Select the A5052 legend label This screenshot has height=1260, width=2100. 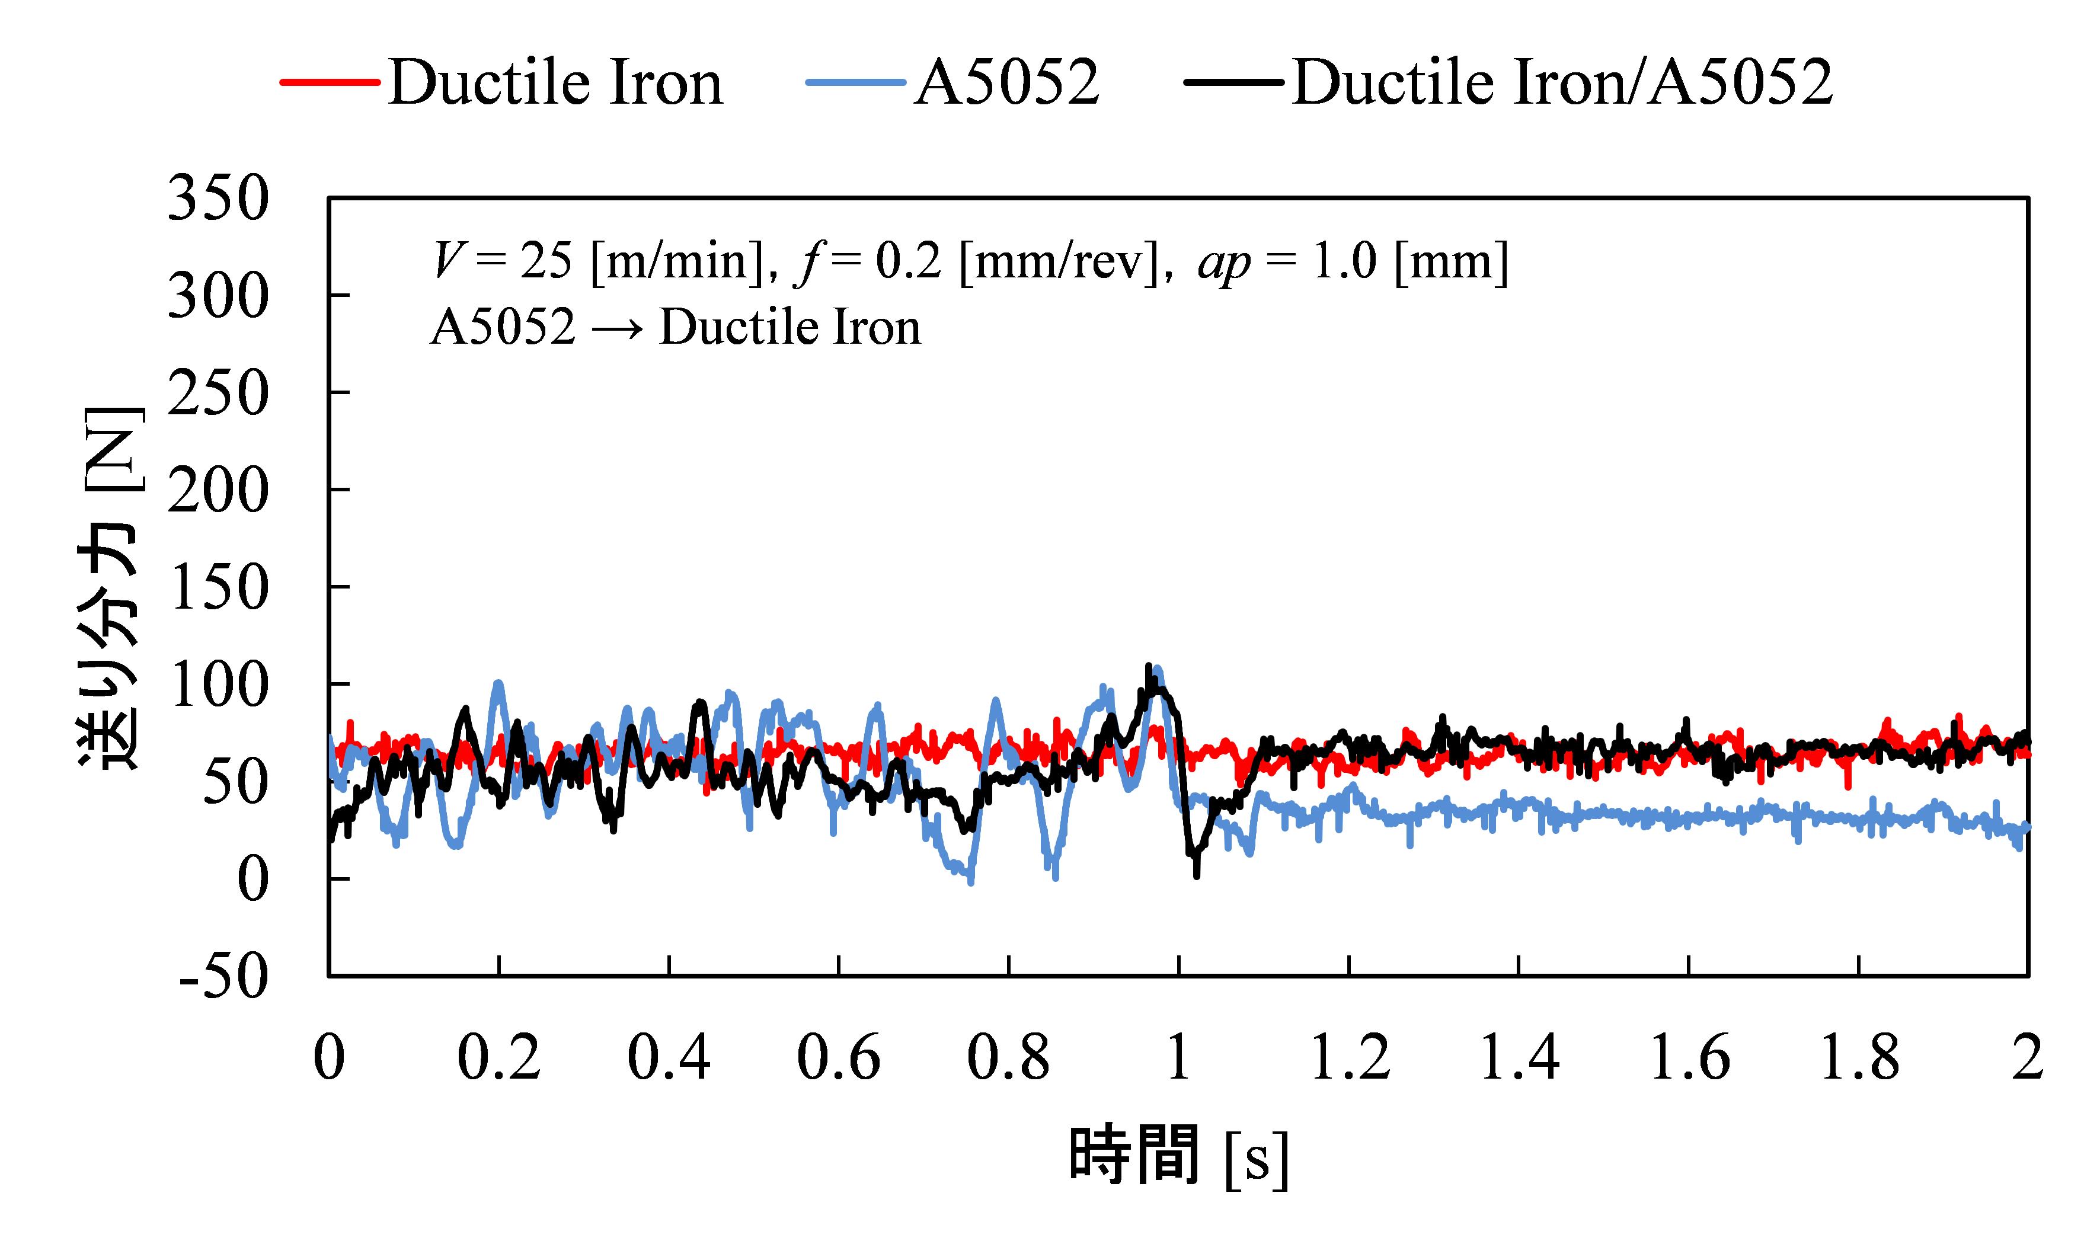(x=1006, y=83)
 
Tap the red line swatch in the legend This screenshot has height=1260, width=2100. (x=330, y=82)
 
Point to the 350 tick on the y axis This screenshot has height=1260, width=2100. (x=218, y=200)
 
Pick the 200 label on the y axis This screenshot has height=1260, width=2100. (x=218, y=491)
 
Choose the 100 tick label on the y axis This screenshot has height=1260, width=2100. (x=218, y=685)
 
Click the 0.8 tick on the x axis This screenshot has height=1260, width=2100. (x=1008, y=1058)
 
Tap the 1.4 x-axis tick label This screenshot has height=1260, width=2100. (x=1519, y=1058)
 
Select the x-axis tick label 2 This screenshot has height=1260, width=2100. (x=2028, y=1058)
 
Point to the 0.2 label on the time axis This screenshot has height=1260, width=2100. (x=498, y=1058)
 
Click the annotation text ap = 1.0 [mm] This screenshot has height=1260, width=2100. (x=1353, y=261)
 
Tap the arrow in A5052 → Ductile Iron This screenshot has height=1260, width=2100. (x=618, y=328)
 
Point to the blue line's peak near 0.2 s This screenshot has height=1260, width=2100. (x=498, y=683)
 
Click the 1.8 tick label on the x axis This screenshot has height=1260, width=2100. (x=1858, y=1058)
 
